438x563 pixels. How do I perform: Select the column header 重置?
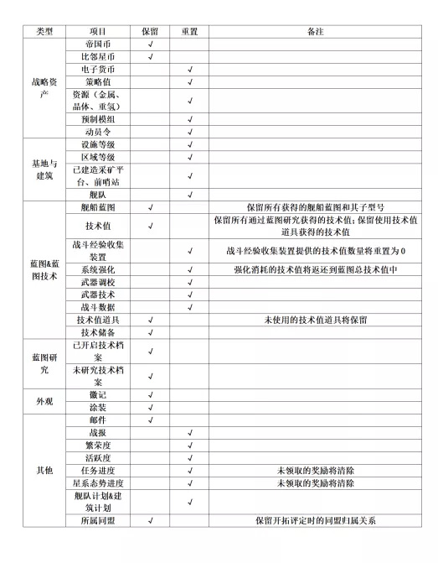click(190, 31)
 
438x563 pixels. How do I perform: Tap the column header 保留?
click(150, 31)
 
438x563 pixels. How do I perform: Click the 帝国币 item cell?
click(100, 44)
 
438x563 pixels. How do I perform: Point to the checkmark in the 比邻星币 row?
click(150, 56)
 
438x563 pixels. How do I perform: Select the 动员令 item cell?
click(100, 132)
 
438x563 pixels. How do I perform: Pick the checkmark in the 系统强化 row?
click(191, 269)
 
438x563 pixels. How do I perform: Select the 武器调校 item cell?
click(100, 282)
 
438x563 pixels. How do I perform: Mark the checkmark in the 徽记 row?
click(150, 394)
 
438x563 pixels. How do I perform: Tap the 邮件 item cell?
click(100, 420)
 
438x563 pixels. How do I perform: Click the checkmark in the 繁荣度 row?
click(191, 445)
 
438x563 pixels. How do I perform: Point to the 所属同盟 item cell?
click(100, 520)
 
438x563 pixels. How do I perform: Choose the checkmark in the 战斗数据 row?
click(191, 307)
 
